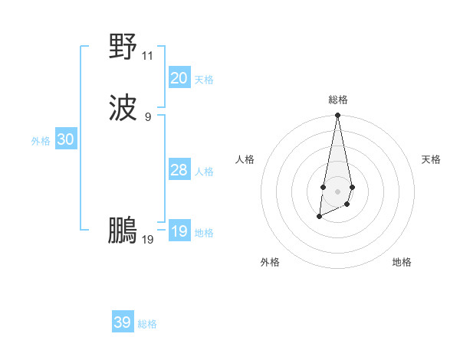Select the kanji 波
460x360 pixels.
click(x=123, y=107)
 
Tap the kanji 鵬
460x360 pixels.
click(x=123, y=230)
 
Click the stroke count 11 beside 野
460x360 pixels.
click(x=148, y=56)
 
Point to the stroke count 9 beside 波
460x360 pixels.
click(x=148, y=116)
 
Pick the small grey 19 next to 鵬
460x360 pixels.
click(x=148, y=240)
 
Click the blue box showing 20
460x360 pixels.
click(x=179, y=78)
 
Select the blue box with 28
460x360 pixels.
click(x=179, y=170)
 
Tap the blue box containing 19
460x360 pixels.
click(x=179, y=231)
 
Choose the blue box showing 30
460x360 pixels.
click(x=66, y=139)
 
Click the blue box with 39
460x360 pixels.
click(x=123, y=322)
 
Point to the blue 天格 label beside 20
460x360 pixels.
click(x=204, y=80)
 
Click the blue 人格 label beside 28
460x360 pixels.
click(x=204, y=172)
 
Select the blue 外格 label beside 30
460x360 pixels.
click(x=41, y=141)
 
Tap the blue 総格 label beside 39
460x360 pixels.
click(x=147, y=324)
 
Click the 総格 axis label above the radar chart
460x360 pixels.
click(x=337, y=100)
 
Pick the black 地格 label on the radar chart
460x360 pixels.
click(x=402, y=262)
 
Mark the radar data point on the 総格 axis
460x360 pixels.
click(x=337, y=116)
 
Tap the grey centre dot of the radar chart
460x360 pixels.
click(x=337, y=190)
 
